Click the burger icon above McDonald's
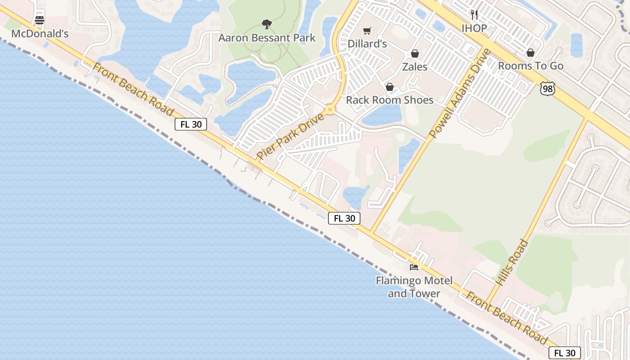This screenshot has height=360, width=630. (x=40, y=20)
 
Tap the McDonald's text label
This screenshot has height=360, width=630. (x=40, y=34)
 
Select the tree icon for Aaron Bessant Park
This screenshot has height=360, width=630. (x=267, y=24)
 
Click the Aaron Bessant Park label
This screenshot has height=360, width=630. (x=267, y=38)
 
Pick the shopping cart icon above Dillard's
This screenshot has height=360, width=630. (x=367, y=31)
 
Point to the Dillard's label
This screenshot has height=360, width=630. (x=367, y=44)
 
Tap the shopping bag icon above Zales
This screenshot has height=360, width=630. (x=414, y=54)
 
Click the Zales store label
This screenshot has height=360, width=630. (x=414, y=67)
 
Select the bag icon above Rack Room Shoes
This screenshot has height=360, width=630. (x=389, y=86)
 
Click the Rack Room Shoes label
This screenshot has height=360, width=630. (x=389, y=100)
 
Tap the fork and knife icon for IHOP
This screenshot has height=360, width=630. (x=474, y=15)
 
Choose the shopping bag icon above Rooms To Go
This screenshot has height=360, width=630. (x=531, y=53)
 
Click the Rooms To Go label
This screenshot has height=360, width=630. (x=531, y=66)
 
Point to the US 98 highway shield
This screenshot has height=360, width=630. (x=547, y=89)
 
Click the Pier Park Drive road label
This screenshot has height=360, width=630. (x=290, y=136)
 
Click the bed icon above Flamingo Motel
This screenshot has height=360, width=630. (x=414, y=267)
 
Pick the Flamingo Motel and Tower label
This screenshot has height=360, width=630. (x=414, y=287)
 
